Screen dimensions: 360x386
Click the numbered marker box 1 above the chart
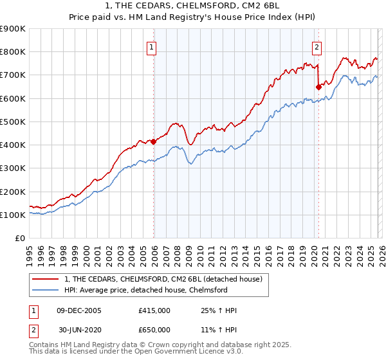pyautogui.click(x=151, y=46)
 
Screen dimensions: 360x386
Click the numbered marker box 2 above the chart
pyautogui.click(x=317, y=46)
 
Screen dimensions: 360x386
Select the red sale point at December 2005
pyautogui.click(x=154, y=141)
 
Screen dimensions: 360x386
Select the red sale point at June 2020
pyautogui.click(x=318, y=87)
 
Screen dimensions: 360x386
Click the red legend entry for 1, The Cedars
pyautogui.click(x=163, y=279)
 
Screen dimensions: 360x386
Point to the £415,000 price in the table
pyautogui.click(x=154, y=310)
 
